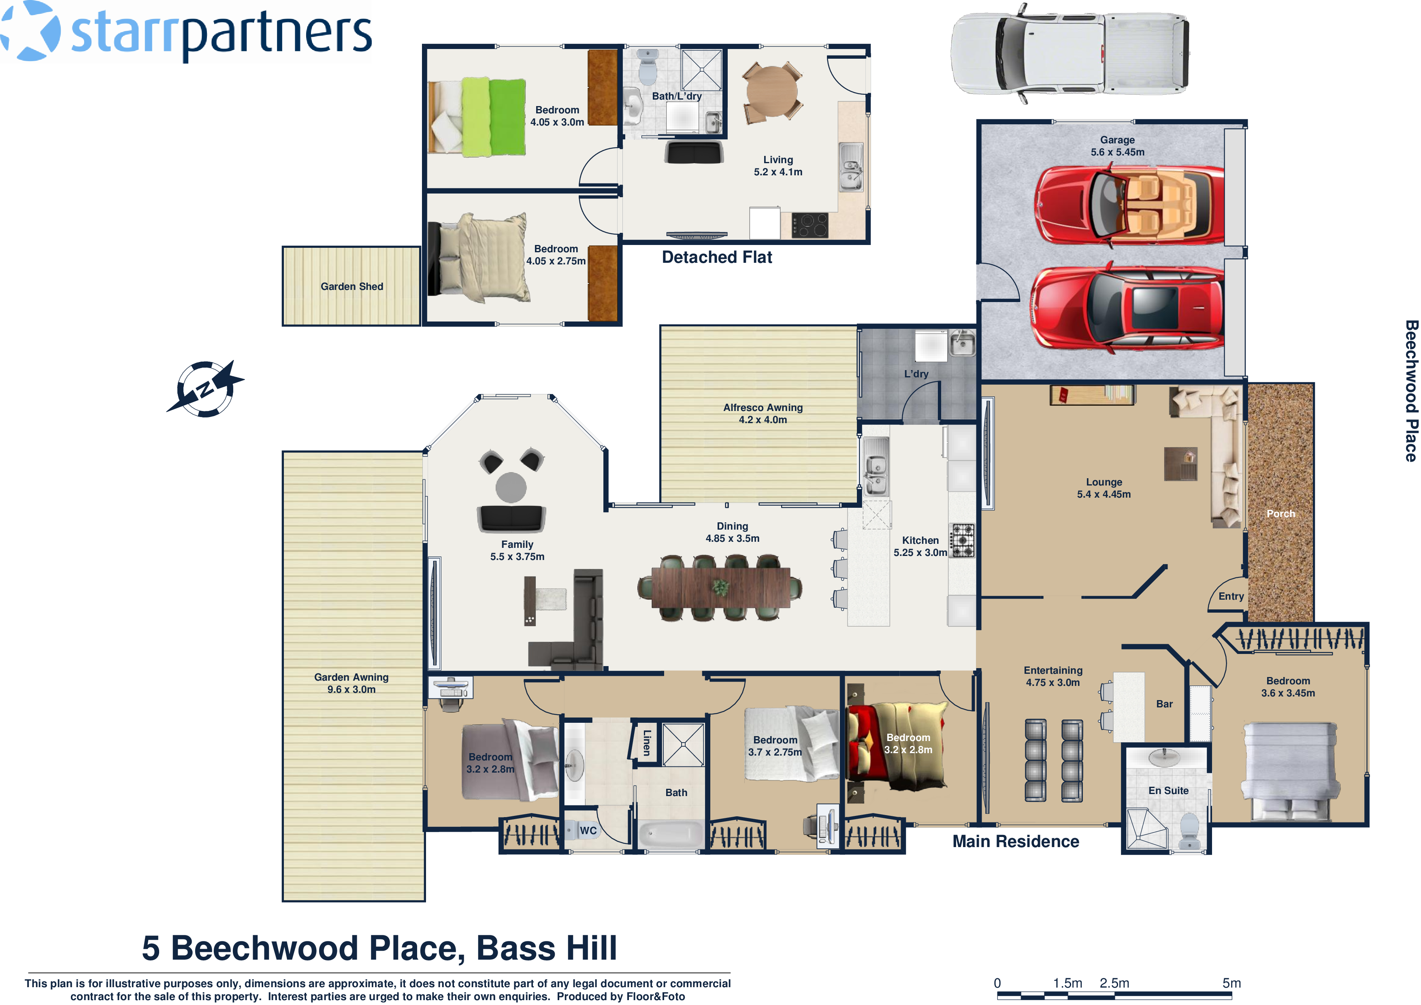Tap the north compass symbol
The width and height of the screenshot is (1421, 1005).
coord(205,389)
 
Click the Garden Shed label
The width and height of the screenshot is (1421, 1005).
coord(352,287)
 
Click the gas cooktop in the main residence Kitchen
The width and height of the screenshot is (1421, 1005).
coord(962,540)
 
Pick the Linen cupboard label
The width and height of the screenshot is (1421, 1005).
coord(647,742)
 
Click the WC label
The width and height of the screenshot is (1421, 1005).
coord(588,830)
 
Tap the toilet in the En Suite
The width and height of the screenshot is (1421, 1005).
coord(1189,830)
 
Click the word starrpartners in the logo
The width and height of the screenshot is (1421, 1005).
coord(221,32)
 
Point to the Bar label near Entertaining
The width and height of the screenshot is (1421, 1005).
coord(1164,704)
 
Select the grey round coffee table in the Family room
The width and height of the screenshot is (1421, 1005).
coord(511,487)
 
